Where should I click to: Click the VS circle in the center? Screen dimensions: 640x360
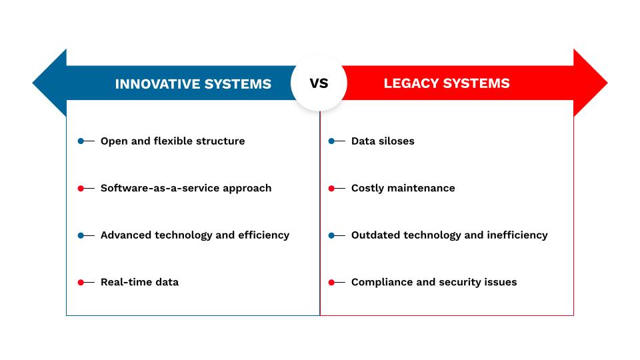319,83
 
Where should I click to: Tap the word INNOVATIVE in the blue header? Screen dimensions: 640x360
157,84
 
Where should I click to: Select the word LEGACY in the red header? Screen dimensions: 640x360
411,83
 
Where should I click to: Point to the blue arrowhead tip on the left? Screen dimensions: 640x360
33,83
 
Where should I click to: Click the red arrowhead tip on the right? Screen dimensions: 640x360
607,83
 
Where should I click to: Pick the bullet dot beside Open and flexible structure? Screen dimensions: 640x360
81,141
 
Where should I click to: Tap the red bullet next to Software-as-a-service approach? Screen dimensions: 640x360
81,188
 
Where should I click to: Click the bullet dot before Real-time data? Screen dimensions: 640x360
81,282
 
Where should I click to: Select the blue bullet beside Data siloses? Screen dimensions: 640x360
331,141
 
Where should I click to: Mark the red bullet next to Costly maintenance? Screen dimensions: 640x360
331,188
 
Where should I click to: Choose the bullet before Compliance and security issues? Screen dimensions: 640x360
331,282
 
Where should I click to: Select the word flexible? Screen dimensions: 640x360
173,141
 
